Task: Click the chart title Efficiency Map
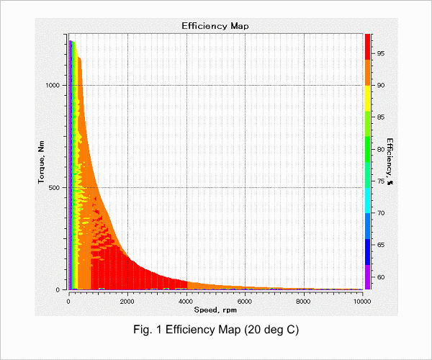[x=215, y=26]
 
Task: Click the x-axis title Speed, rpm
[x=215, y=310]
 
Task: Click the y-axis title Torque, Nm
[x=41, y=162]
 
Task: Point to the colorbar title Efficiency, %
[x=390, y=161]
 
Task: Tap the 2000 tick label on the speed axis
[x=127, y=302]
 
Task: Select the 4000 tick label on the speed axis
[x=186, y=302]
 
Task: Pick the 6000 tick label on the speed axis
[x=245, y=302]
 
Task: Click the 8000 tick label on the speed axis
[x=304, y=302]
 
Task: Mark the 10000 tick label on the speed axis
[x=362, y=302]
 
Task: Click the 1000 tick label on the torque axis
[x=53, y=85]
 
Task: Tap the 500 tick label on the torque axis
[x=54, y=188]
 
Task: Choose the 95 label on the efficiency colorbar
[x=381, y=53]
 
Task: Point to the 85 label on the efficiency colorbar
[x=381, y=117]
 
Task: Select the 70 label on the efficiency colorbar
[x=381, y=213]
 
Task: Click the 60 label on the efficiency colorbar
[x=381, y=277]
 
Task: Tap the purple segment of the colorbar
[x=367, y=277]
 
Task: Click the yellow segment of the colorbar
[x=367, y=99]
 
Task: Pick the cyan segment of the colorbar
[x=367, y=201]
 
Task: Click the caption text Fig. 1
[x=148, y=330]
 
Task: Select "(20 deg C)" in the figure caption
[x=271, y=330]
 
